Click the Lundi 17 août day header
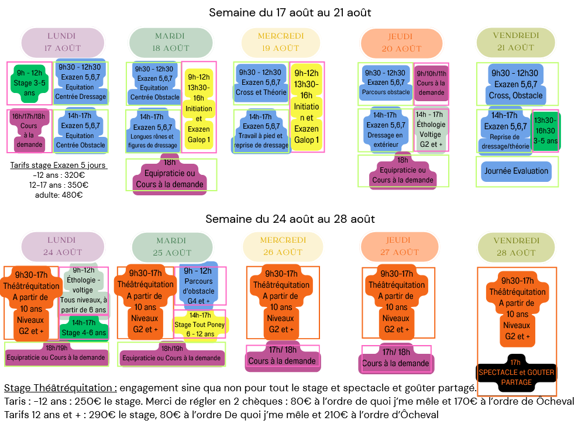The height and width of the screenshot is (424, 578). (62, 42)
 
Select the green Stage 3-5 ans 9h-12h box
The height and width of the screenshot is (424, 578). (29, 81)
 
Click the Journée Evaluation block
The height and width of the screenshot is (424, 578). (517, 171)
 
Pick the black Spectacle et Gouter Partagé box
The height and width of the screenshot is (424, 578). (516, 372)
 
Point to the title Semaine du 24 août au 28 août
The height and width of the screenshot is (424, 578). (290, 219)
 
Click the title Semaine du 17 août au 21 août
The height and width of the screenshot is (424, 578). (290, 12)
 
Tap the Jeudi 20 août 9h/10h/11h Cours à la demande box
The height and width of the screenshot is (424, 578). (431, 83)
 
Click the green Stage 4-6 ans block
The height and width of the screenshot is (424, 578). (84, 328)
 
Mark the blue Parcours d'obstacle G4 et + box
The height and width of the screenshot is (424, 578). (199, 285)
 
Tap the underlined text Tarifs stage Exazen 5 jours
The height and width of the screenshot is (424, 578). (58, 166)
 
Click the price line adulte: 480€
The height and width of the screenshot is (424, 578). (58, 195)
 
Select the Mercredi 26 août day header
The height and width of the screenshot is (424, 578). (283, 246)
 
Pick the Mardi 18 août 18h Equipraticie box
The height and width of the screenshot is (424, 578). (170, 174)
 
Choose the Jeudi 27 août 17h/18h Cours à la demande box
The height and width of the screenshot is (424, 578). (395, 358)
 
